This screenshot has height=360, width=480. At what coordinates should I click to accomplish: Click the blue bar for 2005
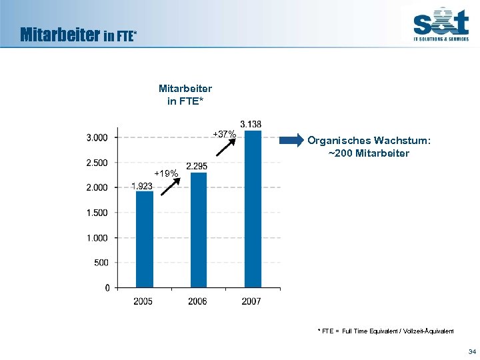pyautogui.click(x=144, y=239)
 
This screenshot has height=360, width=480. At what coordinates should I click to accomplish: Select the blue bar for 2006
pyautogui.click(x=199, y=230)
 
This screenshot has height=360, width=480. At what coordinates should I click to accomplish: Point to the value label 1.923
pyautogui.click(x=141, y=186)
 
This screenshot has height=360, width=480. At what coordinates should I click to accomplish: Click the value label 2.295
pyautogui.click(x=197, y=165)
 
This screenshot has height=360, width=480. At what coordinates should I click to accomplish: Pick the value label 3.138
pyautogui.click(x=251, y=124)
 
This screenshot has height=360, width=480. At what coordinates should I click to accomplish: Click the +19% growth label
pyautogui.click(x=166, y=174)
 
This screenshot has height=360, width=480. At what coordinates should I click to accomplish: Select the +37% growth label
pyautogui.click(x=224, y=135)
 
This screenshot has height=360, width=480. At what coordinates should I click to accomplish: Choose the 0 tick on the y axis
pyautogui.click(x=107, y=288)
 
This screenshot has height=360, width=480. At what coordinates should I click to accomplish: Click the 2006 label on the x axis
pyautogui.click(x=197, y=302)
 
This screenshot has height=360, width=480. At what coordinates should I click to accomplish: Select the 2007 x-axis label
pyautogui.click(x=251, y=302)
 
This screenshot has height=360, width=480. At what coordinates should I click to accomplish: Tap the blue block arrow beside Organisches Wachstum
pyautogui.click(x=291, y=141)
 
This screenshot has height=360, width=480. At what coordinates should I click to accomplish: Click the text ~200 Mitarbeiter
pyautogui.click(x=369, y=153)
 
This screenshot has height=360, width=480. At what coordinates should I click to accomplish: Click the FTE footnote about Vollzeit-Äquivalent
pyautogui.click(x=385, y=331)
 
